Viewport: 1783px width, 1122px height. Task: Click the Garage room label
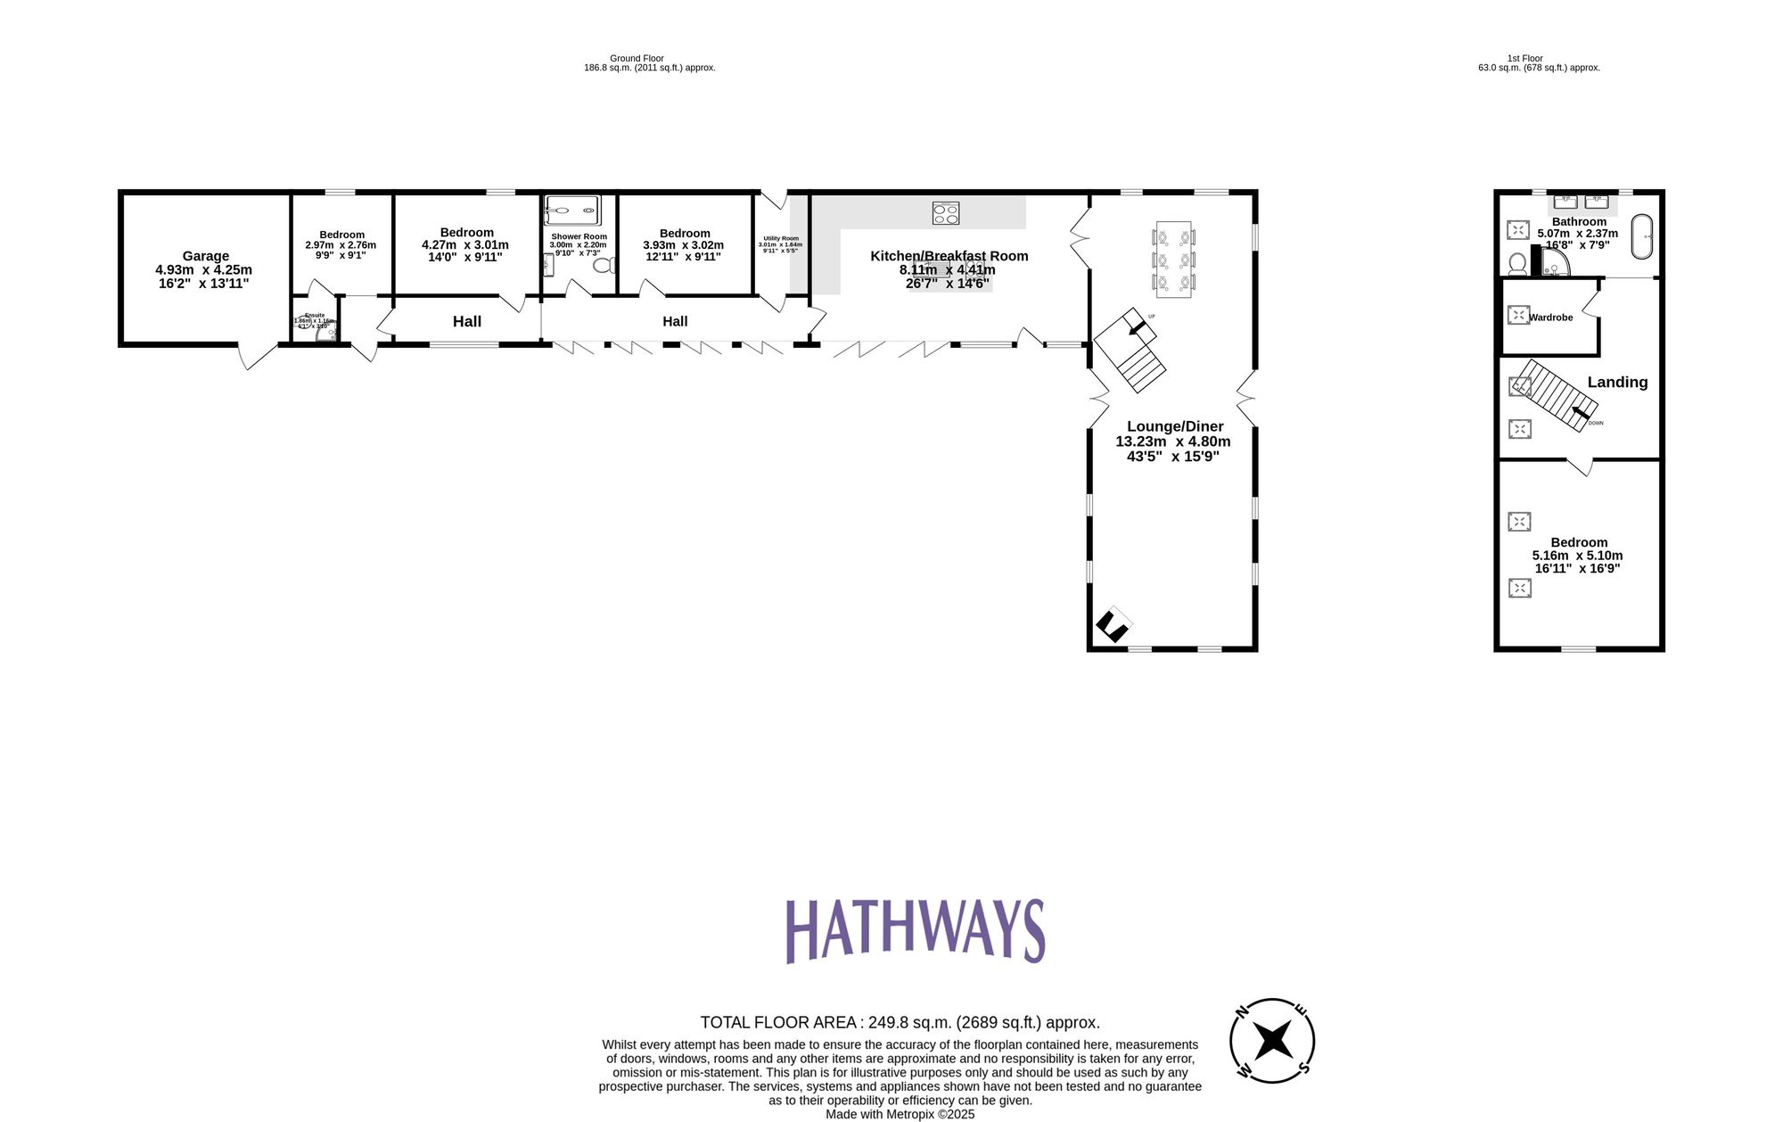pos(205,256)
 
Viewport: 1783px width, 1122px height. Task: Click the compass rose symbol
pos(1272,1041)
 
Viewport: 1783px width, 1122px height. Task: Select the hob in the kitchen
pos(946,213)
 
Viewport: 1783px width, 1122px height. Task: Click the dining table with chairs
pos(1173,260)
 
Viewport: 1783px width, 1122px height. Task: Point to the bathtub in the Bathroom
pos(1642,236)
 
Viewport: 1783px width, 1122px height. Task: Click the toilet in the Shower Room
pos(604,265)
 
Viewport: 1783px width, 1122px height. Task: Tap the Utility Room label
pos(781,238)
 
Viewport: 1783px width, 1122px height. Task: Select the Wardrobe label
pos(1551,318)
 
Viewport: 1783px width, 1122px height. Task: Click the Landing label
pos(1617,383)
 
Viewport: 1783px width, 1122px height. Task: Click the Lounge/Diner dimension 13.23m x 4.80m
pos(1173,441)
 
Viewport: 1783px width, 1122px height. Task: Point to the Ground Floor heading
pos(637,58)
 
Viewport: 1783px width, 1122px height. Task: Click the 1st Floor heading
pos(1524,58)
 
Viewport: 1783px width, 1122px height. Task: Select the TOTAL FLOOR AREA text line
pos(900,1022)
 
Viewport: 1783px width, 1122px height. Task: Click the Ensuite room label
pos(315,315)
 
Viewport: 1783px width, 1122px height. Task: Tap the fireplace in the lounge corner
pos(1113,624)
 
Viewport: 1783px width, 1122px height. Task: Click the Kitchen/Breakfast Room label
pos(949,256)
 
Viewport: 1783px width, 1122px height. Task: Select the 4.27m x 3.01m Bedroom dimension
pos(465,245)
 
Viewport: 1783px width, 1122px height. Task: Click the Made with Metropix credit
pos(900,1114)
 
